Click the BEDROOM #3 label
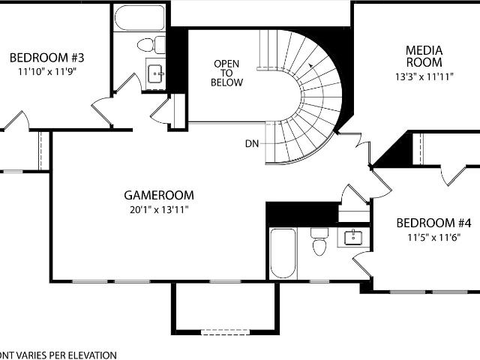point(46,58)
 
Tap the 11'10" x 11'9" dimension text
point(46,72)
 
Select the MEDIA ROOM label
point(424,57)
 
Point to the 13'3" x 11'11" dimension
point(424,76)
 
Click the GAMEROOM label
point(159,195)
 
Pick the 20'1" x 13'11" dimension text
point(159,210)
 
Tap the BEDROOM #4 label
point(433,223)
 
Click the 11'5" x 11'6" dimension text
point(433,238)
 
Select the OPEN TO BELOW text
point(226,73)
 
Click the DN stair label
point(252,143)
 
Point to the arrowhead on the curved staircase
point(310,65)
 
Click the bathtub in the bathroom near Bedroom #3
point(139,18)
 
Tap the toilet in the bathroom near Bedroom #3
point(151,45)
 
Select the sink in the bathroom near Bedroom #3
point(155,73)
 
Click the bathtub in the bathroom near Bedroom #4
point(283,253)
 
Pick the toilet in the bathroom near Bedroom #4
point(319,241)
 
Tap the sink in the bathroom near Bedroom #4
point(353,238)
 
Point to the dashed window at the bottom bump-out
point(226,331)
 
